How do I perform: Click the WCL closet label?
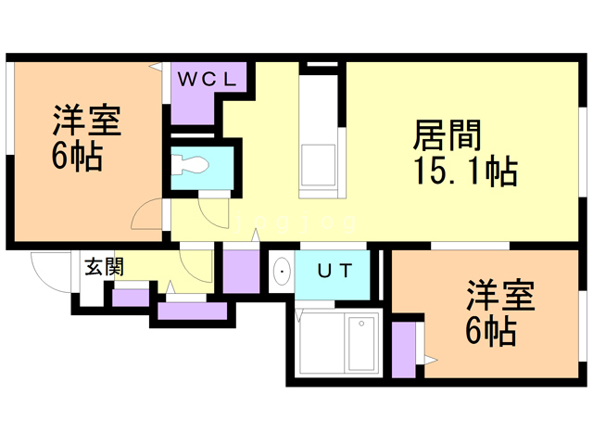click(207, 80)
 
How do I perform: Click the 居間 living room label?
click(447, 135)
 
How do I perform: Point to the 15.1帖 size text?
click(465, 171)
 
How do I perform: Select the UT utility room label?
click(335, 271)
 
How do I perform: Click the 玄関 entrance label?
click(104, 267)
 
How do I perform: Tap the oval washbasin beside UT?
click(282, 271)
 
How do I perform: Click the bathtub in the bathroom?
click(361, 344)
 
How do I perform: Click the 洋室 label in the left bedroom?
click(87, 120)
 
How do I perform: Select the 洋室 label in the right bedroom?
click(500, 295)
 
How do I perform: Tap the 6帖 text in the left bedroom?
click(77, 156)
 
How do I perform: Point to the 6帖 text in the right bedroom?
click(491, 331)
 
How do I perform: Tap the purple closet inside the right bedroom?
click(404, 350)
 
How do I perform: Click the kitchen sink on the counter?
click(318, 165)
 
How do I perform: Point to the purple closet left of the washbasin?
click(241, 271)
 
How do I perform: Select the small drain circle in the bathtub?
click(361, 324)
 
